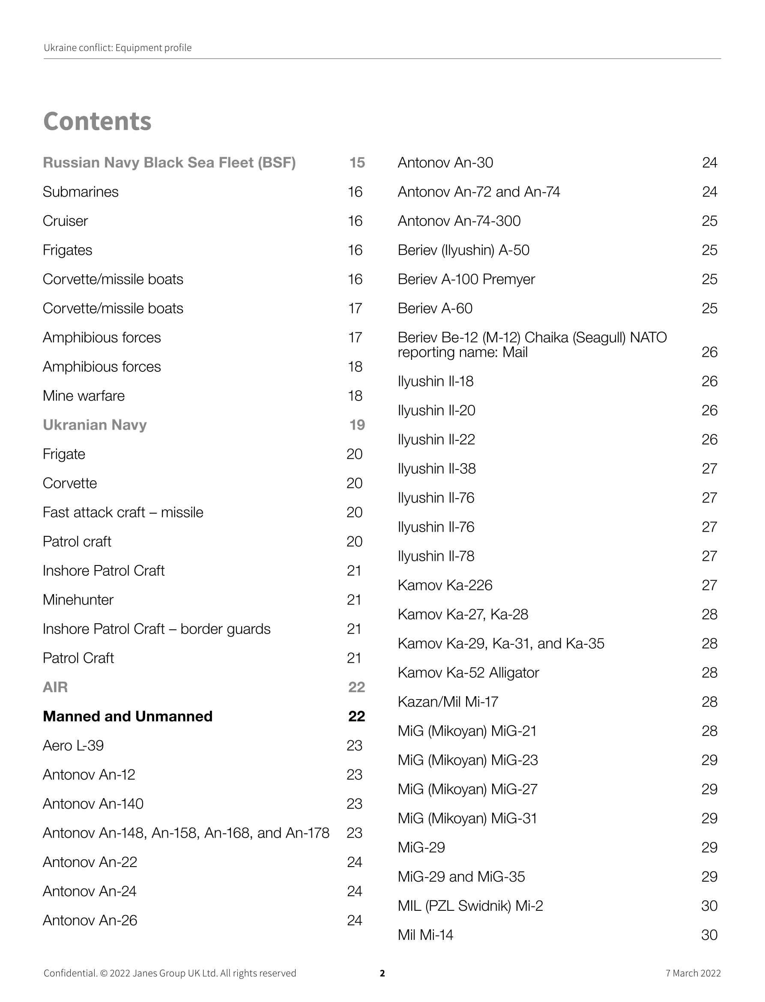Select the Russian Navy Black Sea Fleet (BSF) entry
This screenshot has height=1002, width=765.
[x=169, y=163]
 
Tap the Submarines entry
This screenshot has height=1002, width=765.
[x=81, y=192]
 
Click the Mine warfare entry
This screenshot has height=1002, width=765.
[x=84, y=396]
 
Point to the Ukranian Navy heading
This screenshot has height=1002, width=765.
[x=95, y=425]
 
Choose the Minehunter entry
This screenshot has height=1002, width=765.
[x=78, y=600]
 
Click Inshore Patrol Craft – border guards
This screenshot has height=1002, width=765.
[x=157, y=629]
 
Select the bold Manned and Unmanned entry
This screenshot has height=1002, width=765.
[x=128, y=716]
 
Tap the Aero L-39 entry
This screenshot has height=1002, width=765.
[x=73, y=745]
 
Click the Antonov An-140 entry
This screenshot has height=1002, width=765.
[x=93, y=804]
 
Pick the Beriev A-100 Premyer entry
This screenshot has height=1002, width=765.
[x=466, y=279]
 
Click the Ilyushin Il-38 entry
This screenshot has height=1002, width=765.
[x=437, y=469]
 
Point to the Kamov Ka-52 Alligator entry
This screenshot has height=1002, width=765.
[x=468, y=673]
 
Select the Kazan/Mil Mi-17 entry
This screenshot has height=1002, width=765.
[x=448, y=702]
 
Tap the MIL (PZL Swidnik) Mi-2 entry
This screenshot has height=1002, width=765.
[x=470, y=906]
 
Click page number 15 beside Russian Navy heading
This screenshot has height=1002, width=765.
[x=357, y=163]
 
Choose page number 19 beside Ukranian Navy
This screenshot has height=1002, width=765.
[x=357, y=425]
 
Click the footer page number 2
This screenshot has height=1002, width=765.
[x=382, y=973]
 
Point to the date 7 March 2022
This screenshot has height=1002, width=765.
[x=693, y=973]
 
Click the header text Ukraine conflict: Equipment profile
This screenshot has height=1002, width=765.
[x=117, y=48]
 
